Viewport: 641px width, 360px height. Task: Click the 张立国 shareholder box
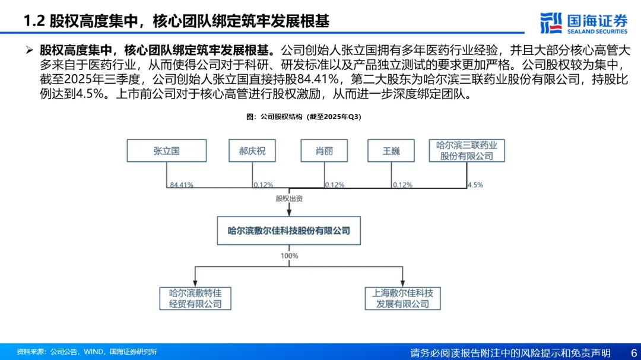(167, 151)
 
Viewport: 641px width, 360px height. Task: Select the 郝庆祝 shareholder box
(252, 151)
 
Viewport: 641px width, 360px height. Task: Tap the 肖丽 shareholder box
(324, 151)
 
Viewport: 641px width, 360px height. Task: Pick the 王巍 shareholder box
(391, 151)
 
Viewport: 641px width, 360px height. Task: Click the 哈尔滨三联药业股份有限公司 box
(467, 151)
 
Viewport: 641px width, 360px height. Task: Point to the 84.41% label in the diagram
(181, 185)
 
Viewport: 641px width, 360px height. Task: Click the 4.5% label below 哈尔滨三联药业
(475, 185)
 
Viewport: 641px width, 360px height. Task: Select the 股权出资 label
(289, 199)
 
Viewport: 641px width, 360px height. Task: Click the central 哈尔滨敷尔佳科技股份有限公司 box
(289, 231)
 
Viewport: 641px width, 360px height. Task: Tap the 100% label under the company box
(289, 256)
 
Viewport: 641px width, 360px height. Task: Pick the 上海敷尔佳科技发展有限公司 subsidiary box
(402, 298)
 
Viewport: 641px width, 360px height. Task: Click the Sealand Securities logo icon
(551, 23)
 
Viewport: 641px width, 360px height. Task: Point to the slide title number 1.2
(34, 22)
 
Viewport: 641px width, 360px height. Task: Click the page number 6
(633, 352)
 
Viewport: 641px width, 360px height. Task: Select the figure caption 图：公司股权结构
(303, 117)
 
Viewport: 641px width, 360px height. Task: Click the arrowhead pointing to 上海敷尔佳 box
(402, 283)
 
